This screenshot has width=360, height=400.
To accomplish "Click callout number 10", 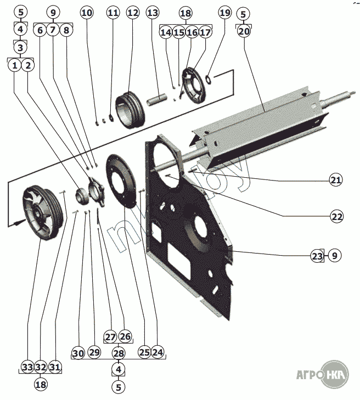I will (x=87, y=12).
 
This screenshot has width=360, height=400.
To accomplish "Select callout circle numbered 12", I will (x=132, y=12).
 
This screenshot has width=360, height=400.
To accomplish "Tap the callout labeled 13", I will (x=153, y=12).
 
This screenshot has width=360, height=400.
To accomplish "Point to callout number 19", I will (x=224, y=12).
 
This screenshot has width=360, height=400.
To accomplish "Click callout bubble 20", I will (x=244, y=31).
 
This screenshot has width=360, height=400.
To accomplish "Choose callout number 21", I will (x=336, y=179).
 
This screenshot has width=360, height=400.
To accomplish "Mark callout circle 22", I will (x=336, y=216).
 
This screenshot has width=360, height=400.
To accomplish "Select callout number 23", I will (x=317, y=255).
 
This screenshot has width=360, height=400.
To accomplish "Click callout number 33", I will (x=27, y=367).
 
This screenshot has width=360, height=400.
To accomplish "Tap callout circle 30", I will (x=78, y=353).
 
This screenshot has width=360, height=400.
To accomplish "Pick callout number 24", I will (x=158, y=351).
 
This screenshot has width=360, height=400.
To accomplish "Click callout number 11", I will (x=113, y=12).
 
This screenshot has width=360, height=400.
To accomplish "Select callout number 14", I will (x=166, y=32).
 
